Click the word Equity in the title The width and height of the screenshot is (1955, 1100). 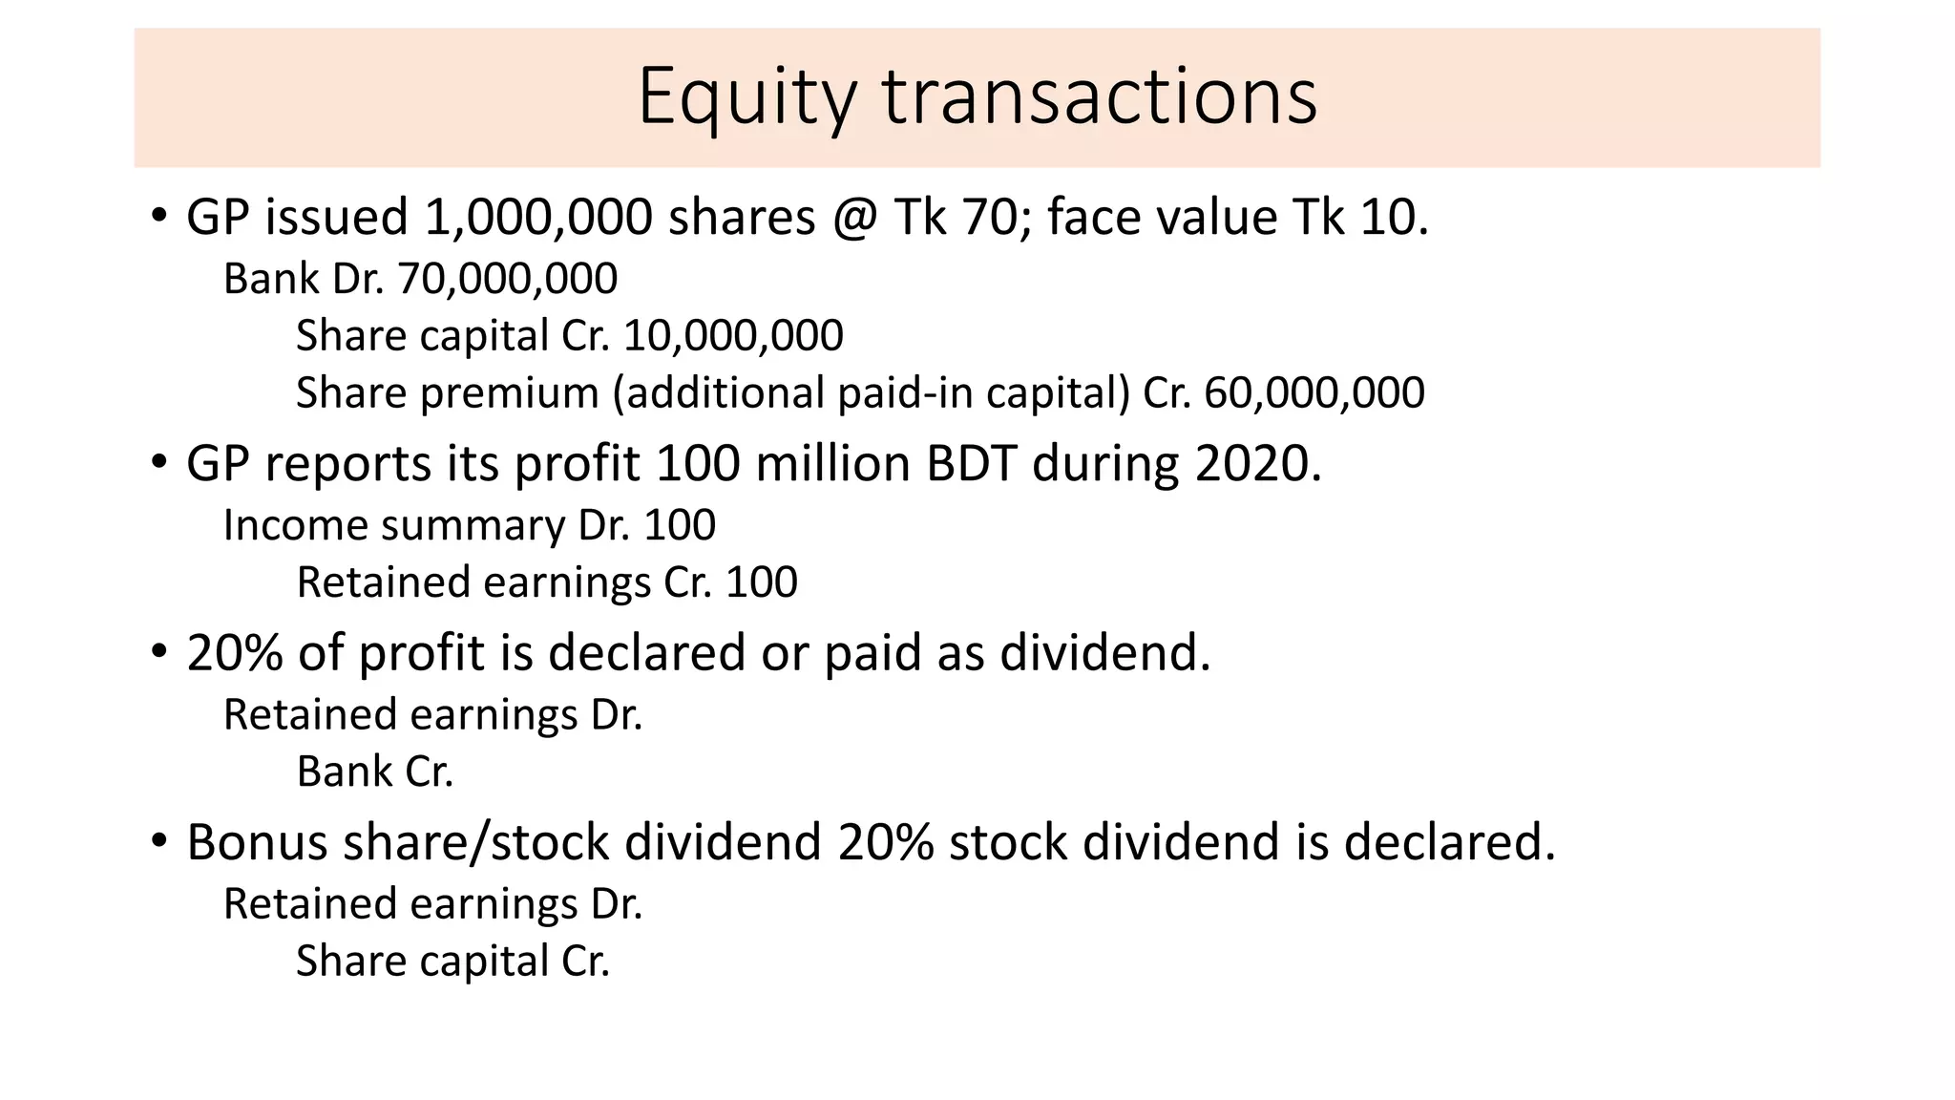(746, 97)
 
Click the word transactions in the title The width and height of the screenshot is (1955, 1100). (1100, 97)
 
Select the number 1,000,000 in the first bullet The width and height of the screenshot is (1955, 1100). (538, 218)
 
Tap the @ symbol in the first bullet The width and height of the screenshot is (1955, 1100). (854, 218)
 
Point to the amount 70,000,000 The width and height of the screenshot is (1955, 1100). (507, 279)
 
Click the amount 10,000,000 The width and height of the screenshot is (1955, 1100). (733, 336)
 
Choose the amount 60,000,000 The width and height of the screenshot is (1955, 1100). (1314, 393)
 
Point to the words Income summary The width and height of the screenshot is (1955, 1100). (394, 526)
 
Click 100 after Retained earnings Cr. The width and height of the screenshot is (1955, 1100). (761, 582)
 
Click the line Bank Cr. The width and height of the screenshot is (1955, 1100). (374, 772)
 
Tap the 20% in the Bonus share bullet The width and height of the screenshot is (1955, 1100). (885, 843)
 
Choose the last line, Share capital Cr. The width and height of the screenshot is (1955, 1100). (452, 962)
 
